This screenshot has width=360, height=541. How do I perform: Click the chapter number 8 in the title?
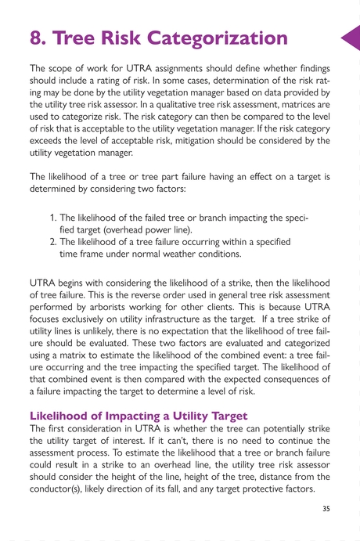pyautogui.click(x=37, y=37)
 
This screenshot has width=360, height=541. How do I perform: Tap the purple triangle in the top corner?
pyautogui.click(x=350, y=37)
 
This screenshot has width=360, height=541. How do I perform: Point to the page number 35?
pyautogui.click(x=326, y=508)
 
